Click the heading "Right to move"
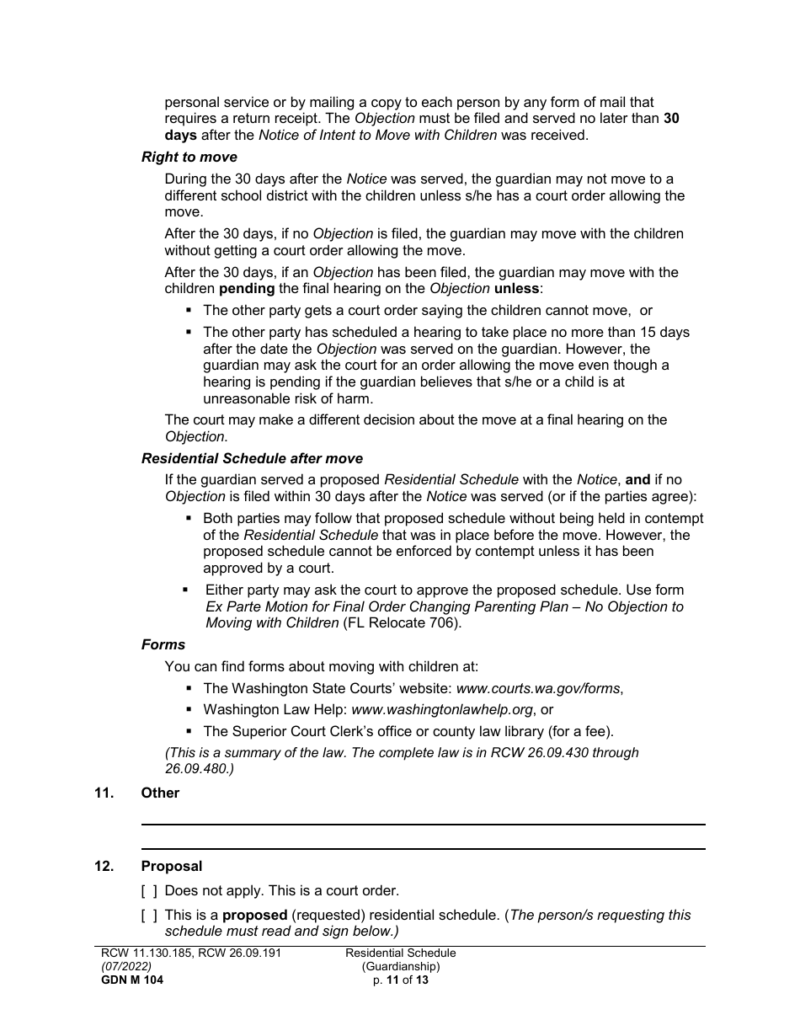pyautogui.click(x=189, y=158)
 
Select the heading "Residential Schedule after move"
pyautogui.click(x=252, y=459)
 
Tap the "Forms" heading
pyautogui.click(x=163, y=644)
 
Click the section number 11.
pyautogui.click(x=104, y=793)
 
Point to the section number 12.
pyautogui.click(x=104, y=866)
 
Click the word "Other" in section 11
pyautogui.click(x=160, y=793)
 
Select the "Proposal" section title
pyautogui.click(x=172, y=866)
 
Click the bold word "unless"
pyautogui.click(x=515, y=289)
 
